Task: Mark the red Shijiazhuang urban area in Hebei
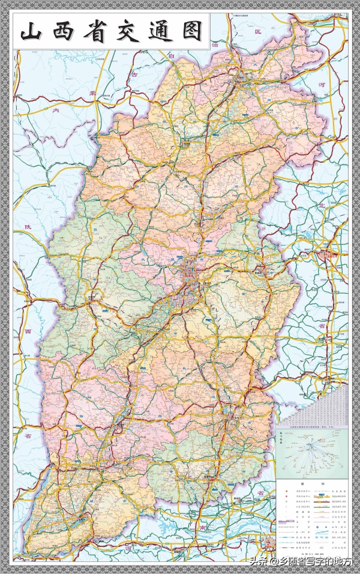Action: [328, 255]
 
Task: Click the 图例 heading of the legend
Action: [311, 483]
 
